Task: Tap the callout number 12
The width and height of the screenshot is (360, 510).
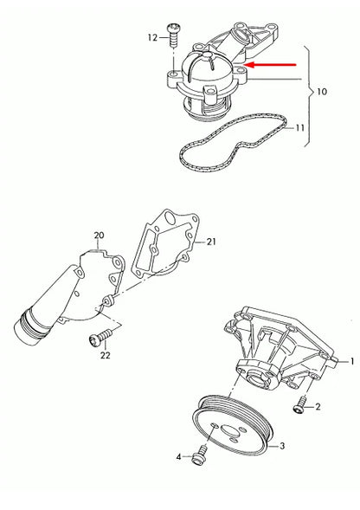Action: click(152, 37)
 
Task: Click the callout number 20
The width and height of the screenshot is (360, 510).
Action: click(98, 236)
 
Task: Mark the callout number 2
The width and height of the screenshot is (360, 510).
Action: click(318, 406)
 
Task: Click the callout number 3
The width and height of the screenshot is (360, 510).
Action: click(280, 447)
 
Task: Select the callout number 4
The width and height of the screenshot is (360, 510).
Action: click(179, 455)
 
